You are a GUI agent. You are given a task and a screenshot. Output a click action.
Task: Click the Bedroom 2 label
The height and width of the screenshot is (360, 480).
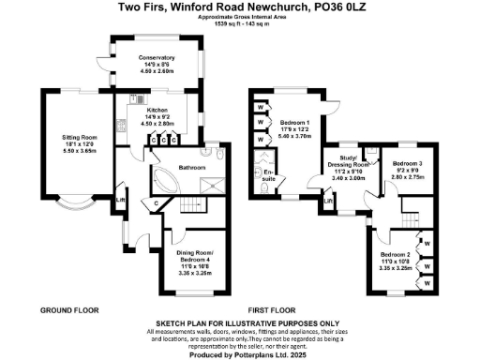point(396,255)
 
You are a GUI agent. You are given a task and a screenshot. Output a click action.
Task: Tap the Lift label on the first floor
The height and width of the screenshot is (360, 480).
point(328,200)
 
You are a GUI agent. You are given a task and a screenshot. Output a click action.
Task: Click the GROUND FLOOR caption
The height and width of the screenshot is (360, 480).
point(65,309)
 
